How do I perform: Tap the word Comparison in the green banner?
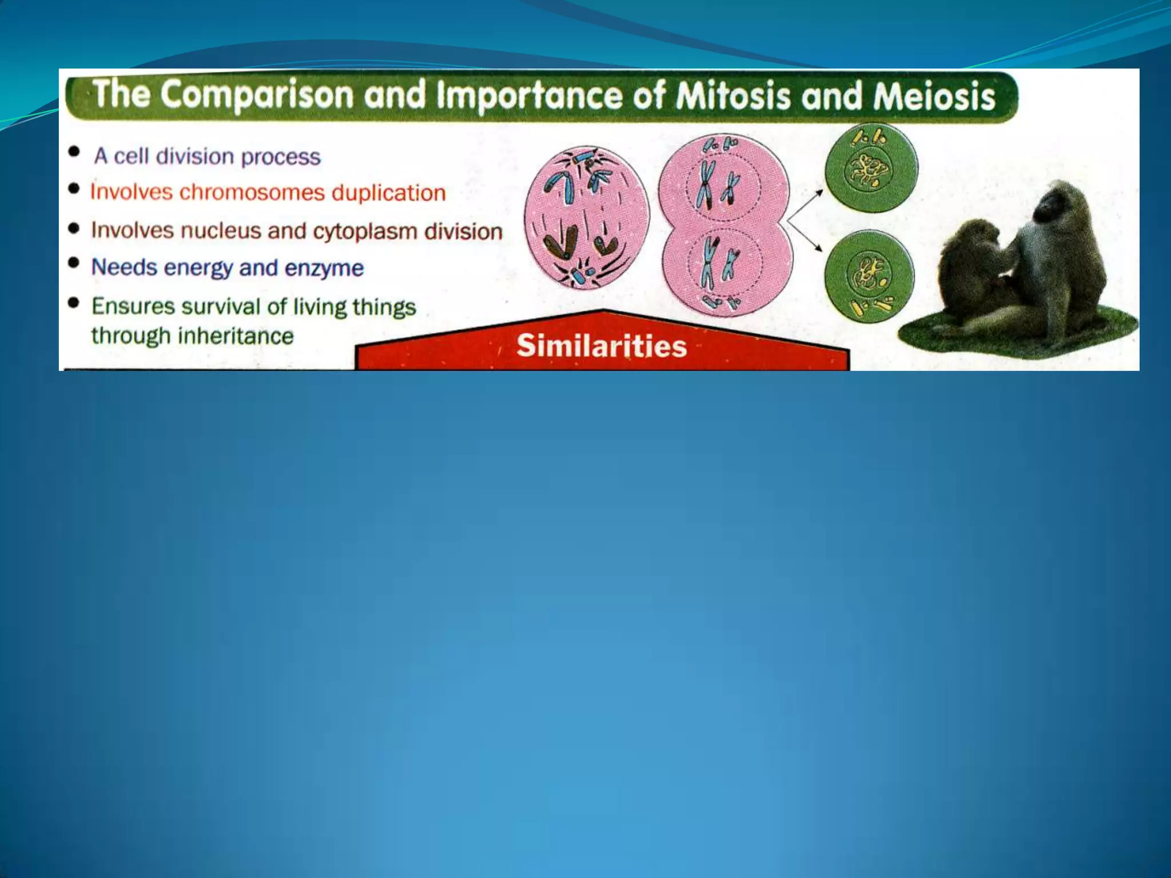coord(257,94)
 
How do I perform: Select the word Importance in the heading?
coord(529,95)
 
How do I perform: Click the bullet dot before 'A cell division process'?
coord(74,153)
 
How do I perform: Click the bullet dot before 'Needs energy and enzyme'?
coord(74,263)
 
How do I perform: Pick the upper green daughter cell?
coord(870,167)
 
